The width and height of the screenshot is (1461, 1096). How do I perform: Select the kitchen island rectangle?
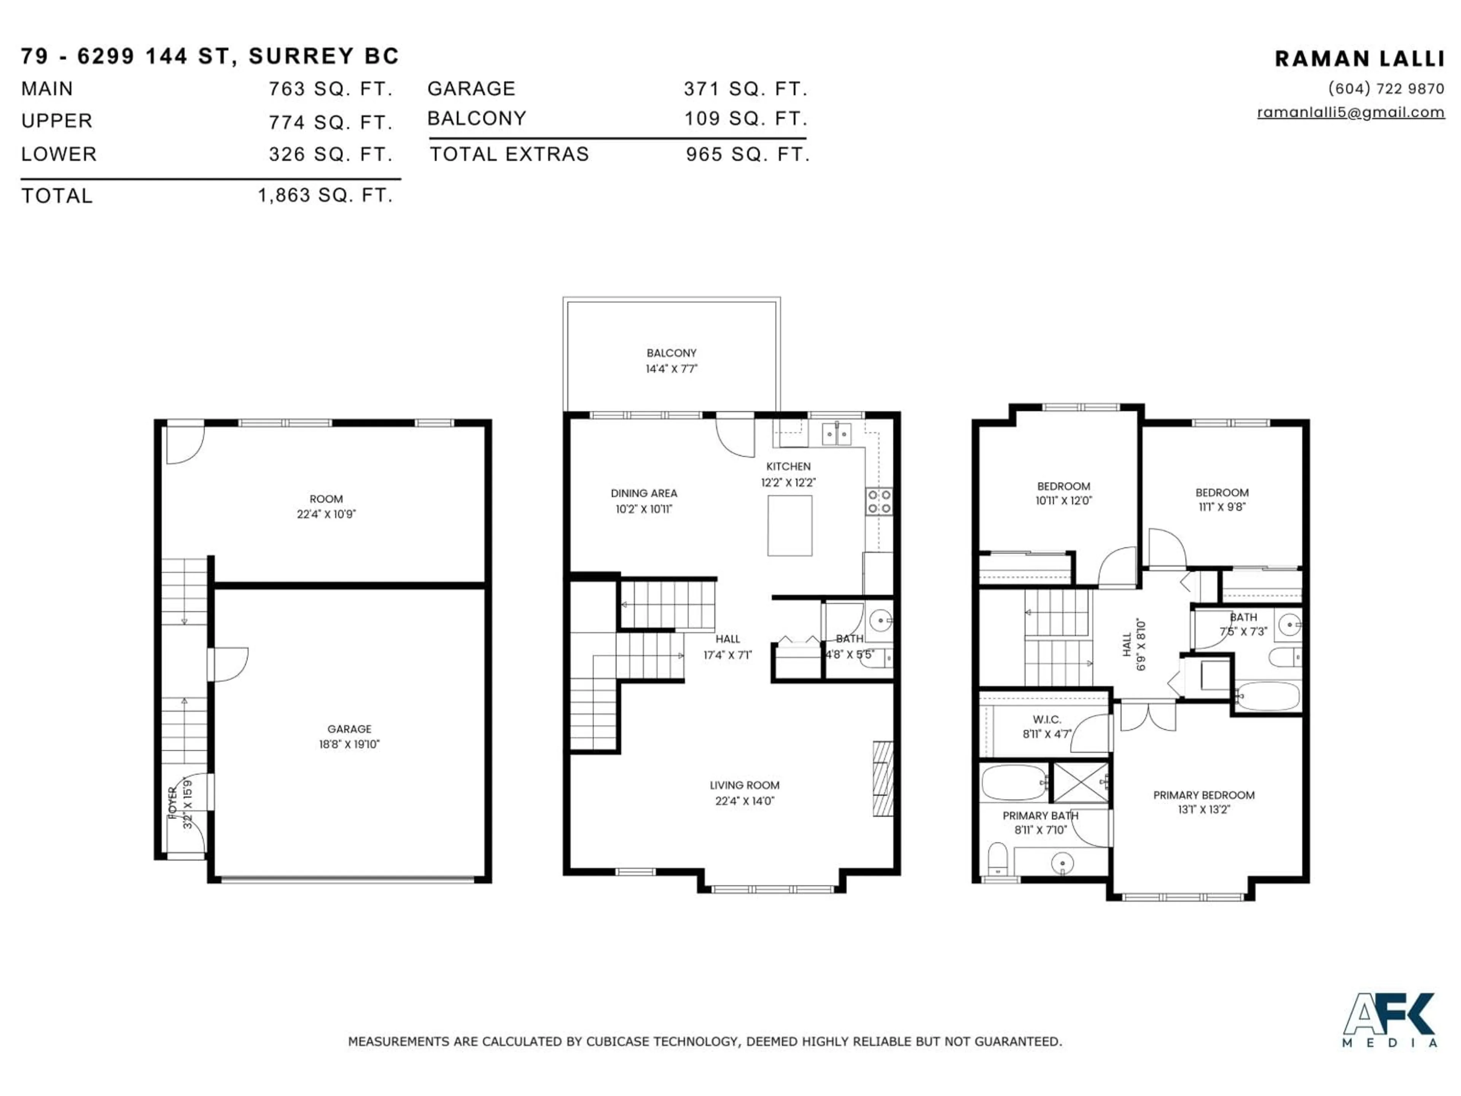789,526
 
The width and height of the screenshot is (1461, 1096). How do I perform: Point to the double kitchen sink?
837,434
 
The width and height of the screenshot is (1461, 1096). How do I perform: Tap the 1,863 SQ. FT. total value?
325,196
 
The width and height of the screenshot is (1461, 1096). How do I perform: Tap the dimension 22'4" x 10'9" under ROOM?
326,514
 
